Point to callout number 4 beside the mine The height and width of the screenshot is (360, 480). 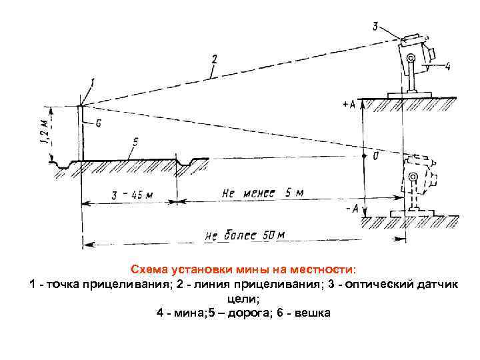point(447,66)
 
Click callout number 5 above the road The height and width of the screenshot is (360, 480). point(135,142)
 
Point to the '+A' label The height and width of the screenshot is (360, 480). point(348,105)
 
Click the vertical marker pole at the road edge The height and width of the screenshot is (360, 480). point(81,133)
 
